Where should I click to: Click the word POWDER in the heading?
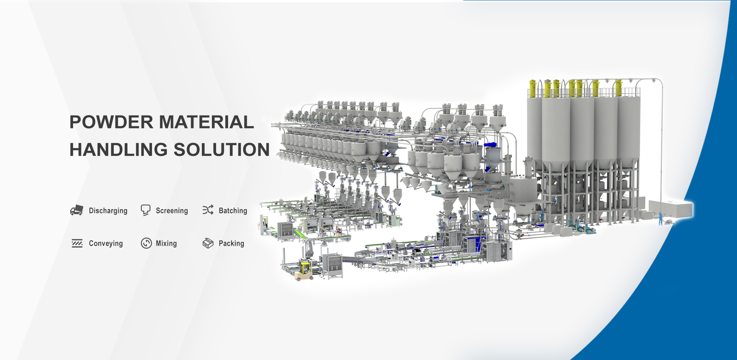(112, 122)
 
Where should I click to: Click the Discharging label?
(108, 211)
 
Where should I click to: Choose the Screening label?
(172, 211)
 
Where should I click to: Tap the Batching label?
(233, 211)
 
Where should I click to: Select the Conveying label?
(106, 243)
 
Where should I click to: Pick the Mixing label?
(166, 243)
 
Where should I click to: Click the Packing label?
(231, 243)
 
